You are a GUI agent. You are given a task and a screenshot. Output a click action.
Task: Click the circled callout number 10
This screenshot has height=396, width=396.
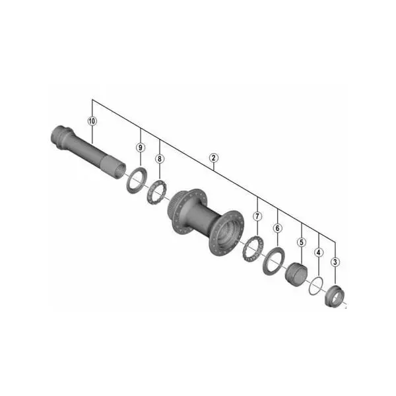(92, 121)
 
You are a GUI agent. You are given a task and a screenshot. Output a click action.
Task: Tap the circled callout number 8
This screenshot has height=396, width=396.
(159, 158)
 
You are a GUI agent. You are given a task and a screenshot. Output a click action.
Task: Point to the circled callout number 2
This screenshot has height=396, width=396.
(213, 158)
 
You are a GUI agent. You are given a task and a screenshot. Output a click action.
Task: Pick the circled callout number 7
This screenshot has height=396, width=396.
(257, 216)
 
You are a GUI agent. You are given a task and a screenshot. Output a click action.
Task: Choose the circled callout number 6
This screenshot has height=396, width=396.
(277, 228)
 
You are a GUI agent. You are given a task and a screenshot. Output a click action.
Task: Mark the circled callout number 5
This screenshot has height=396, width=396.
(301, 242)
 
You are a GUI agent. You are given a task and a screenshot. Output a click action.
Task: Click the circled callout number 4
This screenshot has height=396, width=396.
(319, 252)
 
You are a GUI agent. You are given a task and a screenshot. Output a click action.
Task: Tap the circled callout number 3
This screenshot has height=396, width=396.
(336, 262)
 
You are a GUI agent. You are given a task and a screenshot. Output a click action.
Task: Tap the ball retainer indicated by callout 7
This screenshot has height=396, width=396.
(251, 251)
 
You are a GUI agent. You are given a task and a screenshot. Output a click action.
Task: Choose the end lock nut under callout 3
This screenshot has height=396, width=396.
(335, 294)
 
